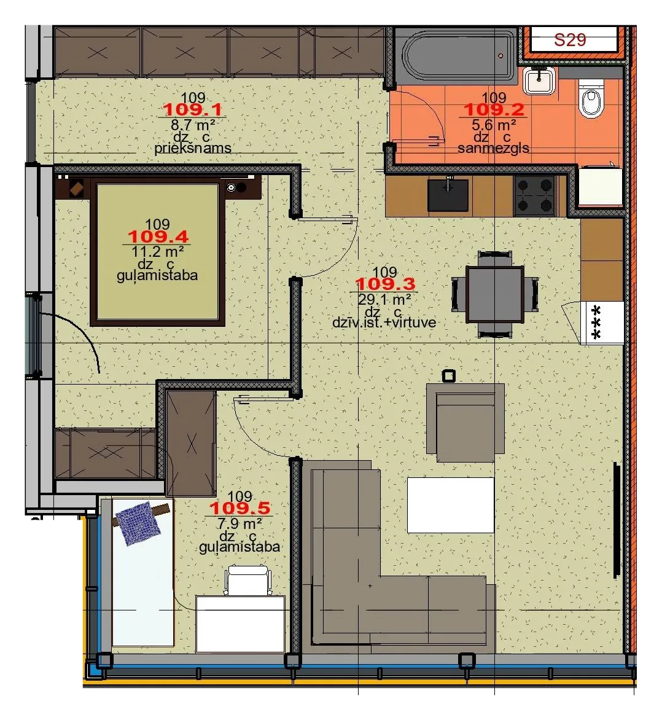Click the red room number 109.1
pos(193,110)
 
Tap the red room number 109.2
pos(494,110)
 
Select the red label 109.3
pos(384,284)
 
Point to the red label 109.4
pos(157,237)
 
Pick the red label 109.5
pos(239,508)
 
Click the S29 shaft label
pos(570,40)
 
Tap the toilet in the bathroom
pos(591,99)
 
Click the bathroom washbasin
pos(539,80)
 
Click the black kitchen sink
pos(448,195)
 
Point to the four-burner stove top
pos(534,195)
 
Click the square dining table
pos(495,294)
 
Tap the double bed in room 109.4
pos(158,251)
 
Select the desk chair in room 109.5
pos(248,581)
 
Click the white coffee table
pos(451,505)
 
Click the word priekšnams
pos(193,148)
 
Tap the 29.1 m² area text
pos(384,299)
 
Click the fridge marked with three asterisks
pos(602,323)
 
